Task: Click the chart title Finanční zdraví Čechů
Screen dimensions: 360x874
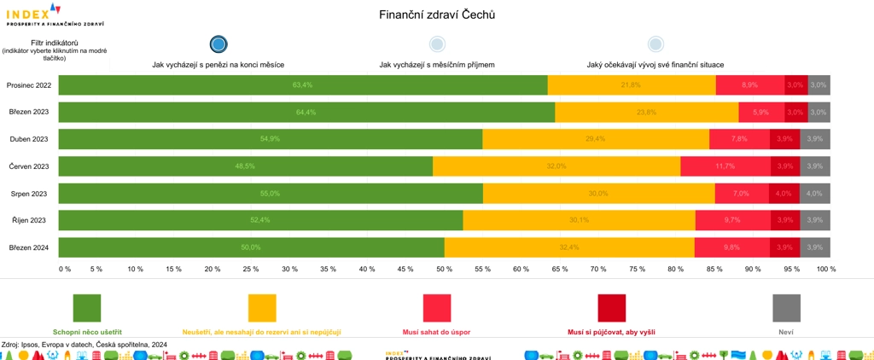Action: coord(436,15)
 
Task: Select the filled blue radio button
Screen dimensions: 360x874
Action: coord(218,44)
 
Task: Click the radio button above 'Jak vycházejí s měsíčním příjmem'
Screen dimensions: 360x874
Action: coord(437,44)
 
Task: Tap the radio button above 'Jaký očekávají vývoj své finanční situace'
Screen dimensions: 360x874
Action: coord(655,44)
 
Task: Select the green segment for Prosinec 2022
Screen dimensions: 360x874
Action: coord(303,85)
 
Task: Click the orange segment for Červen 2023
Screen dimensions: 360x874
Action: coord(556,166)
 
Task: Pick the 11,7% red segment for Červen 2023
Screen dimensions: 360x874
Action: coord(725,166)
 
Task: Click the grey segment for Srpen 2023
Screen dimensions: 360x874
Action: coord(815,194)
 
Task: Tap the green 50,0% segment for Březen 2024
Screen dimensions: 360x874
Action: coord(252,247)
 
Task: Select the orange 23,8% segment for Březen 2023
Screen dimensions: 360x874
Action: coord(646,113)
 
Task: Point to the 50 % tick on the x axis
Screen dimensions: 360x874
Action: coord(444,269)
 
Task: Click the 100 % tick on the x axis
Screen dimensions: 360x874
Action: coord(826,269)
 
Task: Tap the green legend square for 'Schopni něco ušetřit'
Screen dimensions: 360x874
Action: coord(87,308)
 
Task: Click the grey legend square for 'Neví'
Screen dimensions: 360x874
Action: coord(786,308)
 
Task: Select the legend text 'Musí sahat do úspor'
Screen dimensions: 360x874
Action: coord(436,331)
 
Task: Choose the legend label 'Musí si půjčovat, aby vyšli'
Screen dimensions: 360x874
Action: coord(611,331)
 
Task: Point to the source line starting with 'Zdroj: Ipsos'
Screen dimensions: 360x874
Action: coord(84,344)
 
